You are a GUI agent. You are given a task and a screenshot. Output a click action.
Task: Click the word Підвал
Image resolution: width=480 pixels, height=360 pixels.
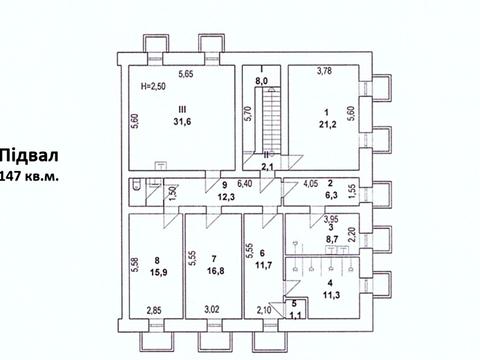pyautogui.click(x=29, y=156)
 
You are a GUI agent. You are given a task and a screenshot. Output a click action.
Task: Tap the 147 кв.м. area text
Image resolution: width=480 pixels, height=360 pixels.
pyautogui.click(x=30, y=176)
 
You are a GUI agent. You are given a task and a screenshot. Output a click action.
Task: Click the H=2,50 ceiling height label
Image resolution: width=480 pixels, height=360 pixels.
pyautogui.click(x=153, y=86)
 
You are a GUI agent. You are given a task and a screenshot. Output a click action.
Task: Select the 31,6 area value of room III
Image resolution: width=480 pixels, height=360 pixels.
pyautogui.click(x=182, y=122)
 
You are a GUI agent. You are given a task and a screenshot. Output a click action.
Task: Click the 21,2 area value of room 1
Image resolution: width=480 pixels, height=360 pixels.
pyautogui.click(x=327, y=125)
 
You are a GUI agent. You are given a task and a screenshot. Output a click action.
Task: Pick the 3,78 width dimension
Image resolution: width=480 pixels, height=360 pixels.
pyautogui.click(x=324, y=71)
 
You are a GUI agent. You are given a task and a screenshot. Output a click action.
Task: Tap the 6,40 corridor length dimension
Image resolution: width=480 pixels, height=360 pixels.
pyautogui.click(x=244, y=184)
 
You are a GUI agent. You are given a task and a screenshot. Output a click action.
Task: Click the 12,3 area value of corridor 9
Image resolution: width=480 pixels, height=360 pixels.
pyautogui.click(x=226, y=197)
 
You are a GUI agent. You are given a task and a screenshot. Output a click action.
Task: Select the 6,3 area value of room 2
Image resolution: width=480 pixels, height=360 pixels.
pyautogui.click(x=331, y=195)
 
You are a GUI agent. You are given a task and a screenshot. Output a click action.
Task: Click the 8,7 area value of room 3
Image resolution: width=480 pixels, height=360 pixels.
pyautogui.click(x=331, y=239)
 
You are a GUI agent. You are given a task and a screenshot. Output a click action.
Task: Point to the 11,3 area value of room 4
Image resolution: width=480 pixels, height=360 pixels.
pyautogui.click(x=331, y=295)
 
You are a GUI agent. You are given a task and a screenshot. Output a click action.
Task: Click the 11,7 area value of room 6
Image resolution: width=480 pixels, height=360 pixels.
pyautogui.click(x=263, y=266)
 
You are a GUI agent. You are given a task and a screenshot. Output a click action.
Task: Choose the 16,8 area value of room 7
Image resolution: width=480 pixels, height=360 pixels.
pyautogui.click(x=215, y=271)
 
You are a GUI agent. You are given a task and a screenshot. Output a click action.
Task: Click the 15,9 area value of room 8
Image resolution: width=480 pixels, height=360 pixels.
pyautogui.click(x=159, y=272)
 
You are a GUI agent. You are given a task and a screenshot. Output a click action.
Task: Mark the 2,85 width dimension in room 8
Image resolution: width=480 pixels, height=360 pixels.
pyautogui.click(x=154, y=311)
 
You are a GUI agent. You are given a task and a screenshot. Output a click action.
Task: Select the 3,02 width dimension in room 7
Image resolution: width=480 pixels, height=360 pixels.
pyautogui.click(x=212, y=309)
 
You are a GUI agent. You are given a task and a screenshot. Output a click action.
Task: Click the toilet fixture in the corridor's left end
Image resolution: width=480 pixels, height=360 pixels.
pyautogui.click(x=136, y=185)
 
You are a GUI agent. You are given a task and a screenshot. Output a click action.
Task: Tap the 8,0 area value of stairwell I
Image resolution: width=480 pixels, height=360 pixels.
pyautogui.click(x=262, y=81)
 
